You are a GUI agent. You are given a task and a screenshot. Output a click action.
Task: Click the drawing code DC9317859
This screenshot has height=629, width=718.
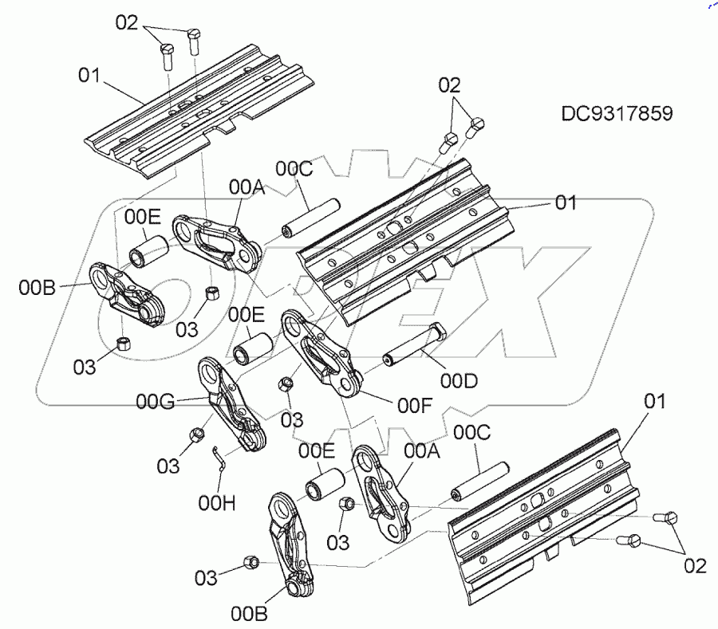tap(616, 113)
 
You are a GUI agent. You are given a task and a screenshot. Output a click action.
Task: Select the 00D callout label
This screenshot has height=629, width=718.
tap(459, 383)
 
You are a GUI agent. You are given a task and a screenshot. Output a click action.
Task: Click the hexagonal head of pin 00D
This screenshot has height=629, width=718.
tap(437, 335)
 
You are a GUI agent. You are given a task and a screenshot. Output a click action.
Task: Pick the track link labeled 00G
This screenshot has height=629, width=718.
tap(233, 407)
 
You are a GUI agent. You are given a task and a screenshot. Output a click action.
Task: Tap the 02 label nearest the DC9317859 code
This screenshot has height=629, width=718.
tap(449, 85)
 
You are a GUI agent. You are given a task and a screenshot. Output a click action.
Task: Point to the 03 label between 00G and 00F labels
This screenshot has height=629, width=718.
tap(292, 419)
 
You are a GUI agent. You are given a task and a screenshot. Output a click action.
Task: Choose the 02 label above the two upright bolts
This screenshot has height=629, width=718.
tap(127, 22)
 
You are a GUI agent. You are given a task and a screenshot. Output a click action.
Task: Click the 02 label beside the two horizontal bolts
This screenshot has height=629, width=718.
tap(694, 566)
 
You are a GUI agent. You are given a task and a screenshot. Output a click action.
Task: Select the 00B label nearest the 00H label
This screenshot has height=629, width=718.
tap(248, 613)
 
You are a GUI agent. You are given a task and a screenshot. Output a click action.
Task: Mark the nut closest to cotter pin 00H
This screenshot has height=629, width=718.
tap(196, 435)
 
